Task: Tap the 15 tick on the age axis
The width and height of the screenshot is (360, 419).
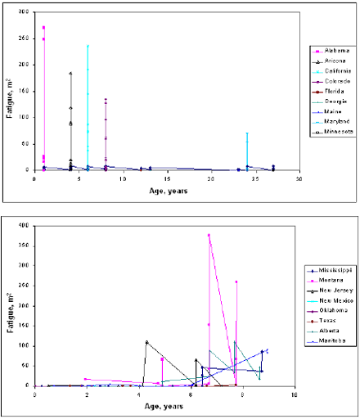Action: point(166,178)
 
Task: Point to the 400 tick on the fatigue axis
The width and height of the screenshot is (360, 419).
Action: point(25,225)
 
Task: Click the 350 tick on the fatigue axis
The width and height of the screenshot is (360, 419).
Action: point(25,245)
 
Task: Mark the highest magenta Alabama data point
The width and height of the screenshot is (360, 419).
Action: point(43,27)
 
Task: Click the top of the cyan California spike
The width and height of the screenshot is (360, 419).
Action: point(88,46)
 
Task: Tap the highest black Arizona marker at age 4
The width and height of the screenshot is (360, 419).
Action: point(70,73)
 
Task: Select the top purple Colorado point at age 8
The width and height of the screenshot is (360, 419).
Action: point(106,100)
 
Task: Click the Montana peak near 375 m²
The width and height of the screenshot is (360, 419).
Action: point(209,235)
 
